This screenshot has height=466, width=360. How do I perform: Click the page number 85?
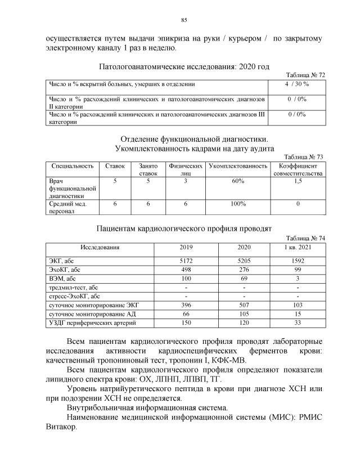[x=183, y=21]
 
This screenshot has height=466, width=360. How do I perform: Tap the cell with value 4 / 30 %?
[x=296, y=84]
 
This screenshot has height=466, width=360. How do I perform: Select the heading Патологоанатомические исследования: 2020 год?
[x=184, y=66]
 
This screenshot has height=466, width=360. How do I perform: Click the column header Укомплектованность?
[x=238, y=167]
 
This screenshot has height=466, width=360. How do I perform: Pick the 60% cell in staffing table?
[x=237, y=181]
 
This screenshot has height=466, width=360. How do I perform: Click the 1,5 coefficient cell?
[x=298, y=181]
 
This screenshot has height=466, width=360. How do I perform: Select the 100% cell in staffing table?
[x=237, y=204]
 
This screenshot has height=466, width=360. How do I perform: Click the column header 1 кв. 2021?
[x=298, y=247]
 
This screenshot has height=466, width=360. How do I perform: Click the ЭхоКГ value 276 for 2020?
[x=244, y=270]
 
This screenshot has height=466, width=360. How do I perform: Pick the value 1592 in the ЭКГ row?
[x=298, y=261]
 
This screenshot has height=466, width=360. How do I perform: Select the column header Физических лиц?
[x=185, y=170]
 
